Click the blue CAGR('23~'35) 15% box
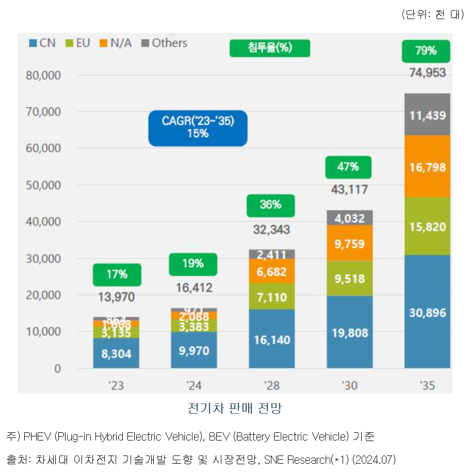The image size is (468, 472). pos(198,128)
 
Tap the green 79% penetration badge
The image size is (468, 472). pos(426,51)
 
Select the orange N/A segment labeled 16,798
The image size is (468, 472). pos(427,167)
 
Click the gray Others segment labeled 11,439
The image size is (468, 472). pos(427,115)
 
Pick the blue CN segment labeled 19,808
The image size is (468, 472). pos(350,333)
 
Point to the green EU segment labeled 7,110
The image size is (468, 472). pos(271,297)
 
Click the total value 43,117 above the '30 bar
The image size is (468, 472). pos(349,189)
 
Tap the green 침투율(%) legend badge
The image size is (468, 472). pos(269,48)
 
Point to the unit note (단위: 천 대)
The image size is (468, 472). pos(432,14)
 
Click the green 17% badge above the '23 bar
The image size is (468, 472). pos(117,274)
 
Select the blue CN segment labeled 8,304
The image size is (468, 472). pos(117,354)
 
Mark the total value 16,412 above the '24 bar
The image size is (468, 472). pos(193,288)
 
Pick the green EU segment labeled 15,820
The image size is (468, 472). pos(427,227)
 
